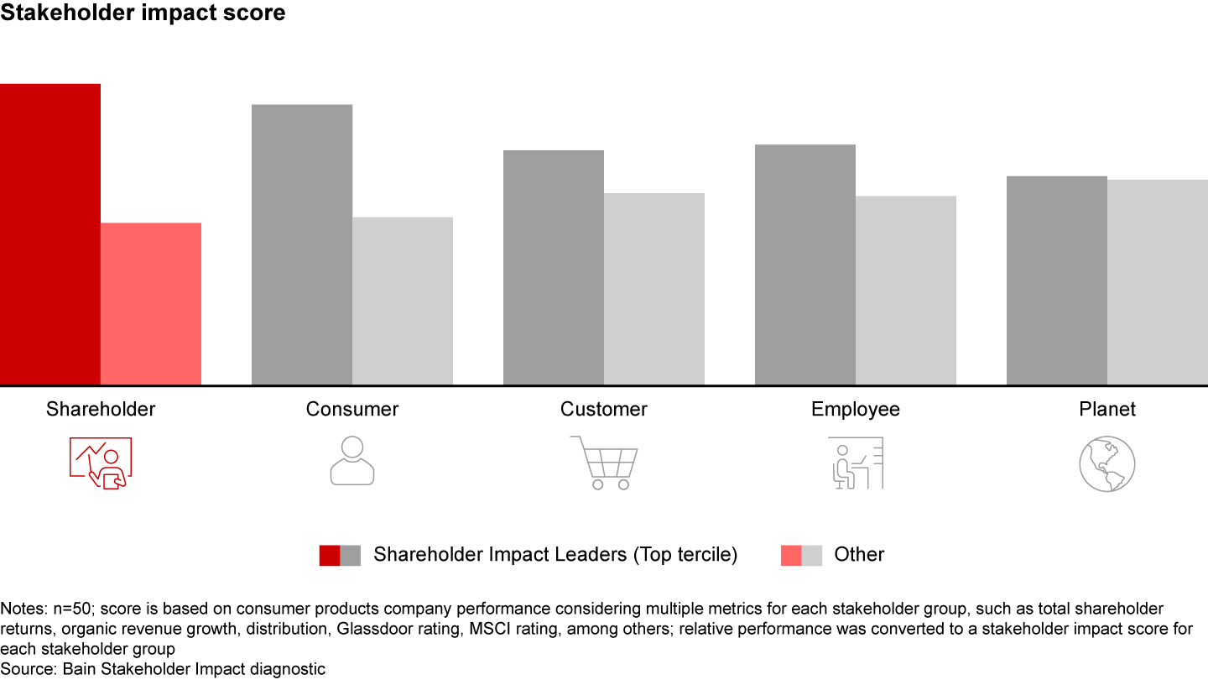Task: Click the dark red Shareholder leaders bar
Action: click(50, 234)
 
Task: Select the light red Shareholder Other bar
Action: click(151, 304)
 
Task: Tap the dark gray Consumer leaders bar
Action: click(302, 244)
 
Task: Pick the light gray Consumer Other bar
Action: click(403, 301)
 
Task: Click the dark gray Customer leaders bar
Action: click(554, 267)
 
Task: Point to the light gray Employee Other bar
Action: click(906, 290)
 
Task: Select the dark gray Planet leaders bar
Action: click(1057, 280)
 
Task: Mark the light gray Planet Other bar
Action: click(1158, 282)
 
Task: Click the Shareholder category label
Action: click(101, 410)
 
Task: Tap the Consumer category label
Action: click(352, 410)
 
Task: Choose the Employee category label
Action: click(856, 410)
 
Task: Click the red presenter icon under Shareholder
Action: click(101, 463)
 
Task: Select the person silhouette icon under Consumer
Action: click(352, 461)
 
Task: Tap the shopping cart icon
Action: click(604, 463)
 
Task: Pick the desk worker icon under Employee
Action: click(856, 463)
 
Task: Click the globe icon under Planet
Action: click(1107, 463)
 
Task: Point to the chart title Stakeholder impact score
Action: click(143, 13)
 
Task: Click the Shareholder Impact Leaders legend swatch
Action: click(340, 555)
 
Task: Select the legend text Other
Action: click(859, 555)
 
